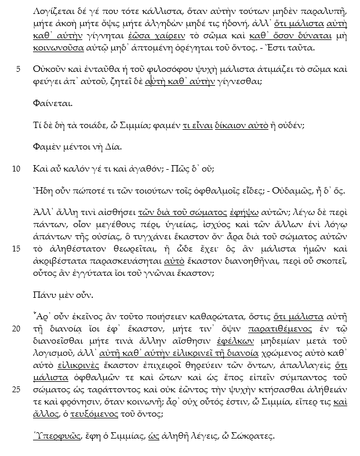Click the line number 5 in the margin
pos(19,70)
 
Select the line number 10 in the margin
pos(16,169)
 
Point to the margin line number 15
pos(16,249)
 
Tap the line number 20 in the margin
pos(16,329)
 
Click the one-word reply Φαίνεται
pos(53,105)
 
